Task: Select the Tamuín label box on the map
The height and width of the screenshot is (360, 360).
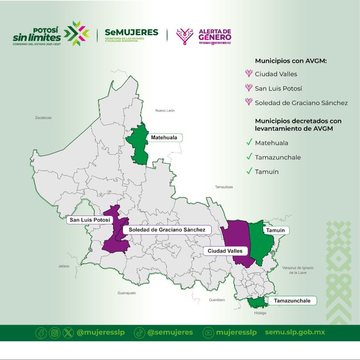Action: (276, 230)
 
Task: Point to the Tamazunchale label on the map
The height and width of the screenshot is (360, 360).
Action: (292, 300)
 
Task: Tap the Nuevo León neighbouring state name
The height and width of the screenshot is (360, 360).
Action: (165, 111)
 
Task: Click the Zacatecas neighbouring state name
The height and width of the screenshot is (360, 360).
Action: (43, 117)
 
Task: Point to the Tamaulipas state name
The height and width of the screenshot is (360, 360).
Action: (224, 187)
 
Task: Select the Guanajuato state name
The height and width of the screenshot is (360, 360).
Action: (126, 293)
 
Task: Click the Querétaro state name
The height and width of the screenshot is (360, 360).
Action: (217, 300)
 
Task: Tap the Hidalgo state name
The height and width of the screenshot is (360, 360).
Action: (260, 313)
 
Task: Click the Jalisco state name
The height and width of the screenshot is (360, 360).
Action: (64, 266)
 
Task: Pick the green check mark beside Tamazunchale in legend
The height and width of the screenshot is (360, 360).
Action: (249, 157)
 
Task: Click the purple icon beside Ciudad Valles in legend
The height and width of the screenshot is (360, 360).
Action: (248, 74)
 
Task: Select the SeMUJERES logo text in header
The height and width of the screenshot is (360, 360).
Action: (132, 33)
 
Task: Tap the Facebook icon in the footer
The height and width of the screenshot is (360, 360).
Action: (41, 333)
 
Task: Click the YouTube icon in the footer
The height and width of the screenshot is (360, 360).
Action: (208, 333)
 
